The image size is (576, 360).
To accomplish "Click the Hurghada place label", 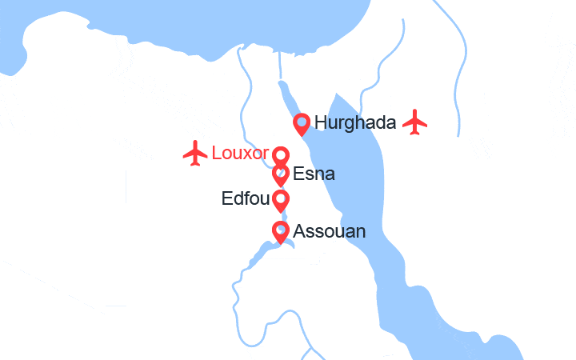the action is point(355,123).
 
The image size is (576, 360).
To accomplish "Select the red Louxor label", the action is point(239,153).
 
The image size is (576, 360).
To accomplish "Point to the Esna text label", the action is point(314,174).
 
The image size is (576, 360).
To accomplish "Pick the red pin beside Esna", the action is point(281,174).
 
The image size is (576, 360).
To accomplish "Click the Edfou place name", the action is point(244,198).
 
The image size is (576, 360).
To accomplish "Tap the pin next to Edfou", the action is point(281,200).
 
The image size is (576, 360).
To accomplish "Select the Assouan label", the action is point(330,232).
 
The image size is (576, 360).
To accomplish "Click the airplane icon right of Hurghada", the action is point(415,122).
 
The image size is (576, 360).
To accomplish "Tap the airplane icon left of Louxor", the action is point(195,153).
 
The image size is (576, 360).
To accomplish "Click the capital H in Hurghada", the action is point(321,123).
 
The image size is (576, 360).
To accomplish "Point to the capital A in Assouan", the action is point(300,232).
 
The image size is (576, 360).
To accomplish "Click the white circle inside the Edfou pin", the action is point(281,197).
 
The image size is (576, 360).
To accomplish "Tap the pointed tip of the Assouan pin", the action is point(281,243).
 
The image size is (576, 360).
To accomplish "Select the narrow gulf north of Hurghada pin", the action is point(286,96).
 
